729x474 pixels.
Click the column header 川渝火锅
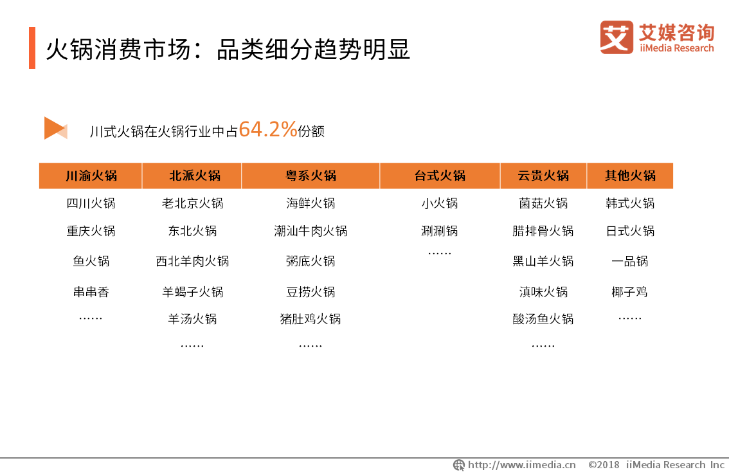click(91, 176)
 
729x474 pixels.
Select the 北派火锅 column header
click(195, 176)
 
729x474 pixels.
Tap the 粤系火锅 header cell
click(310, 176)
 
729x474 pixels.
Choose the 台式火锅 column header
click(440, 176)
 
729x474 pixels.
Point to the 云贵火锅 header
click(543, 176)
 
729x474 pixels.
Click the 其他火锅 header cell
click(630, 176)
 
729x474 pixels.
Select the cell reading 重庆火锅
click(91, 231)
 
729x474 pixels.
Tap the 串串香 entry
click(91, 292)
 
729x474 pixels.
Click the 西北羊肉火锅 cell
click(192, 261)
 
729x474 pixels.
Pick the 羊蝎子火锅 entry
click(192, 292)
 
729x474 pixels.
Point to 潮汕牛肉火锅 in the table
click(310, 231)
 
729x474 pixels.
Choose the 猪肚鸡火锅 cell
click(310, 319)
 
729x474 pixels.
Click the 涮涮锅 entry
click(439, 231)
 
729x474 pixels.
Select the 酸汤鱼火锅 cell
click(543, 319)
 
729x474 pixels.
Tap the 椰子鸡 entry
click(629, 292)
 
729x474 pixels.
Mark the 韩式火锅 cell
click(630, 203)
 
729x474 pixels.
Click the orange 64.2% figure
click(268, 129)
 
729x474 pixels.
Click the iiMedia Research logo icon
click(616, 37)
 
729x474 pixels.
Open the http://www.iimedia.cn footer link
click(521, 465)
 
